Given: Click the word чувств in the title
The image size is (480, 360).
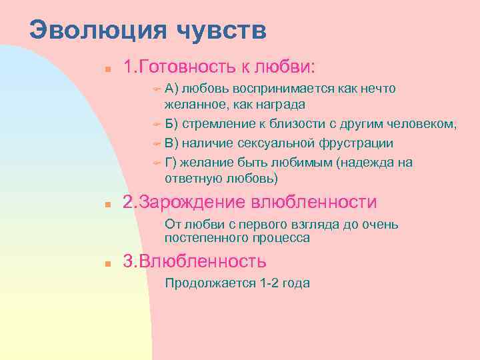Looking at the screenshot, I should tap(223, 31).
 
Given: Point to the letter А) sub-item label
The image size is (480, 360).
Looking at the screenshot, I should tap(171, 89).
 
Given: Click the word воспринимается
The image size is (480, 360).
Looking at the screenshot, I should tap(285, 89).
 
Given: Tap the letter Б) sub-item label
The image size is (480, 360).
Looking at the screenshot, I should tap(171, 124).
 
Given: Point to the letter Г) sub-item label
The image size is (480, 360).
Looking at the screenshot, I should tap(170, 162).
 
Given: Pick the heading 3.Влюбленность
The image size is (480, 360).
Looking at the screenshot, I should tap(195, 261).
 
